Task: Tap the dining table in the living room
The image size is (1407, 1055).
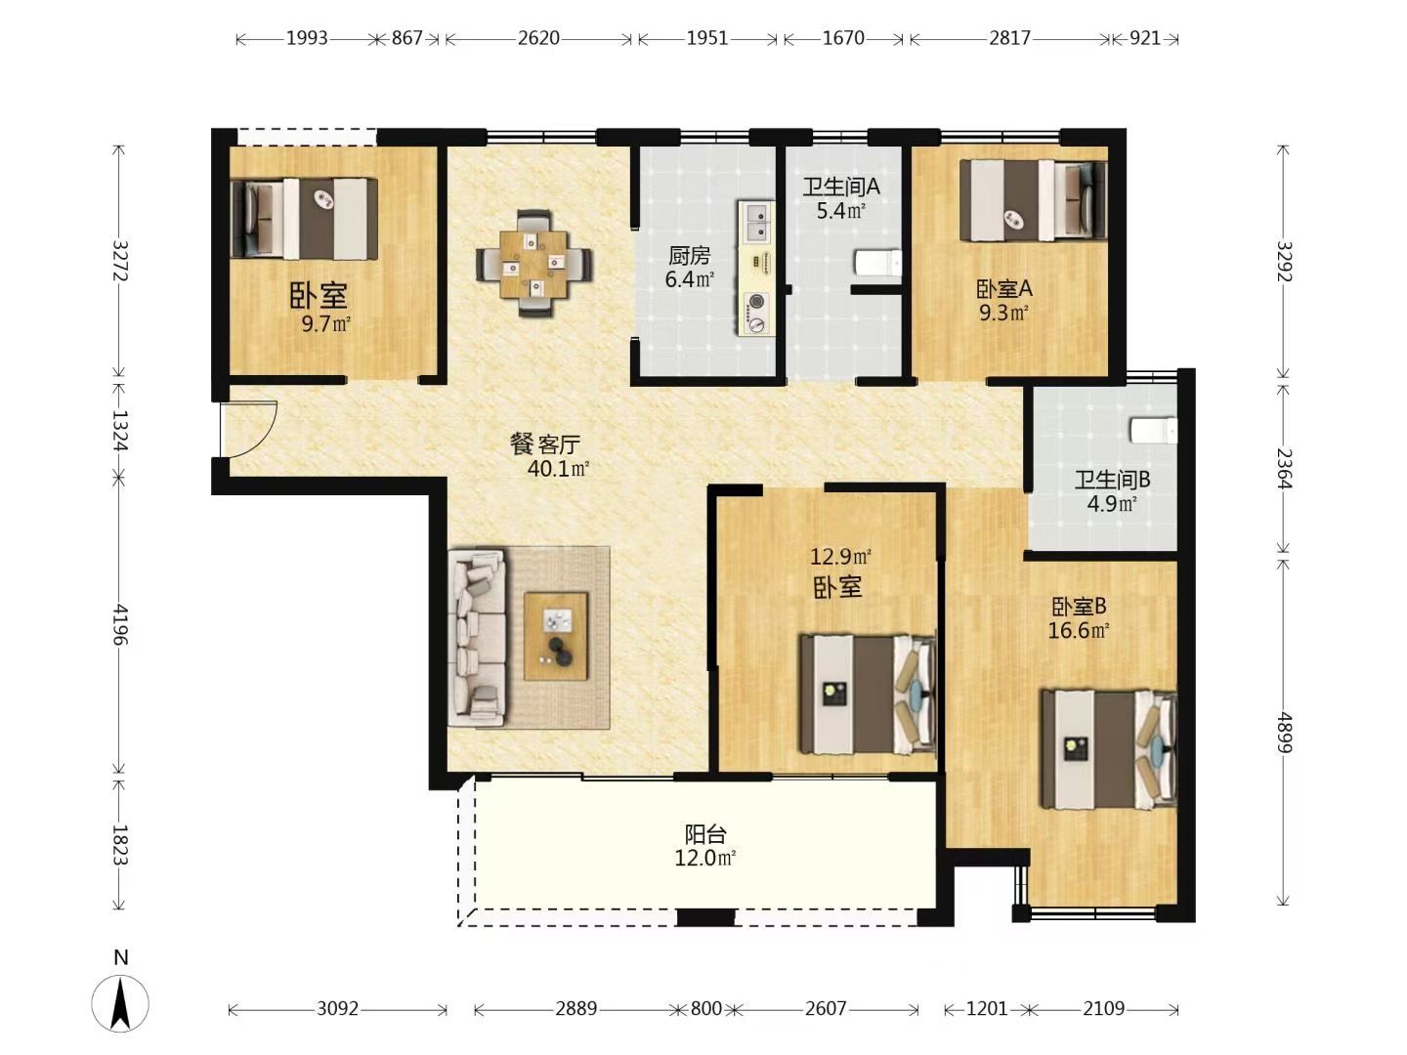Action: [534, 264]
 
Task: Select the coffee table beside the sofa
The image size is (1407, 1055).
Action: [556, 635]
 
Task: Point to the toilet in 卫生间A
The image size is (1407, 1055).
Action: [878, 263]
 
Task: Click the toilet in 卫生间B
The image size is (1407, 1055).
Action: [1154, 430]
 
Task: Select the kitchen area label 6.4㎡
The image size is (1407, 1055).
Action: [690, 279]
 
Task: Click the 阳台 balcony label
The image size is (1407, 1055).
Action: [705, 834]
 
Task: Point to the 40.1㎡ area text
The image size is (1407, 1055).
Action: [558, 469]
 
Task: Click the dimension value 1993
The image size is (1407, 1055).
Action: [307, 38]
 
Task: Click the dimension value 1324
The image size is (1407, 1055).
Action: [120, 430]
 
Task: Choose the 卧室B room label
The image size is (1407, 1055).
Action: [1079, 606]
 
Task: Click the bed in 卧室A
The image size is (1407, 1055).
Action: [1034, 200]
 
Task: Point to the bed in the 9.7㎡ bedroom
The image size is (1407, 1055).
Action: [304, 219]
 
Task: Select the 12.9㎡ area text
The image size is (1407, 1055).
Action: [840, 557]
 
